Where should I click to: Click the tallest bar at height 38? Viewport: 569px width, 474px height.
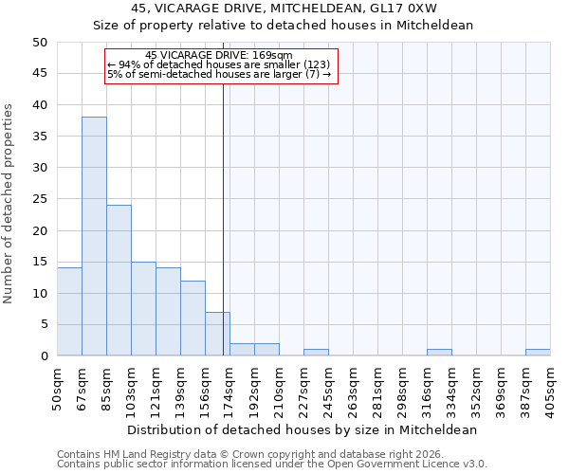tap(94, 237)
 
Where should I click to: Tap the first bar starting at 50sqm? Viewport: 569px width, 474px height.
tap(69, 312)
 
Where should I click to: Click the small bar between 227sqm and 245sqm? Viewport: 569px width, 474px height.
tap(316, 353)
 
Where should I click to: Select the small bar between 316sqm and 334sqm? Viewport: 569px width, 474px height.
tap(439, 353)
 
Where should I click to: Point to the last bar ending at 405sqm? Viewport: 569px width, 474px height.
tap(538, 353)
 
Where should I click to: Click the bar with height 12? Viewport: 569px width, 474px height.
tap(193, 319)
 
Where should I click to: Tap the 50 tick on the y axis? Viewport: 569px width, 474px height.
tap(39, 43)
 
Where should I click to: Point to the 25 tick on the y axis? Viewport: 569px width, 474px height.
tap(39, 199)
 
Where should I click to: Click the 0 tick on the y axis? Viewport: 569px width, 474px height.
tap(43, 356)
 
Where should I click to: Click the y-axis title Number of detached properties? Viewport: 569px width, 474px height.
tap(9, 204)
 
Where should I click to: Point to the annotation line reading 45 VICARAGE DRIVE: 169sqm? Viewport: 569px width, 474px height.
tap(219, 55)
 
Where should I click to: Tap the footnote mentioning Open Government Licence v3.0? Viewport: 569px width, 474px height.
tap(272, 465)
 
